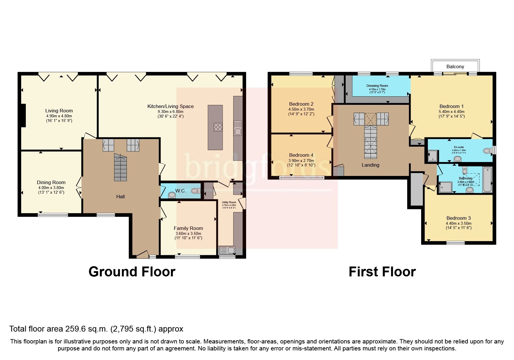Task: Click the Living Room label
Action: click(x=59, y=111)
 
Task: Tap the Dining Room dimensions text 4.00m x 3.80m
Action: click(x=51, y=188)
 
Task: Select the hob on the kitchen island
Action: click(x=218, y=127)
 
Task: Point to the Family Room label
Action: click(x=188, y=228)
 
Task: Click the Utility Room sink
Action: click(x=227, y=250)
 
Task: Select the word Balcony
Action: click(x=455, y=66)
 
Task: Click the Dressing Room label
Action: click(x=377, y=86)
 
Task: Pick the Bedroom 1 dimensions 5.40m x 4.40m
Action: click(x=451, y=111)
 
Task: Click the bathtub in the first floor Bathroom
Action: click(x=487, y=179)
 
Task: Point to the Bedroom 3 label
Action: click(x=459, y=218)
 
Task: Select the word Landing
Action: click(x=370, y=165)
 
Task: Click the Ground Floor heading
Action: click(x=132, y=272)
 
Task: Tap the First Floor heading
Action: click(x=382, y=272)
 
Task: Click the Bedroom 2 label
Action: click(x=301, y=104)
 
